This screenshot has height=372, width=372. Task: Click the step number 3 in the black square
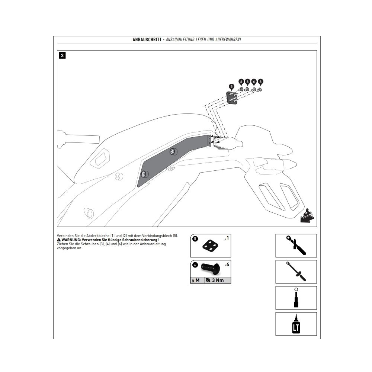click(62, 55)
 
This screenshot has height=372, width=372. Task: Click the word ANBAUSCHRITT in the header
click(147, 40)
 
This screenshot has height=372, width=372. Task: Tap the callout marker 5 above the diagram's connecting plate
click(231, 87)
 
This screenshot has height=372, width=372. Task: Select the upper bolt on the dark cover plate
click(173, 151)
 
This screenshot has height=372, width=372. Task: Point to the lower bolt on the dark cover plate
click(143, 174)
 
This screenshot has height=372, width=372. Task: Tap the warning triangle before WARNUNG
click(59, 240)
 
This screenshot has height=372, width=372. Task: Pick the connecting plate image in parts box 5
click(210, 246)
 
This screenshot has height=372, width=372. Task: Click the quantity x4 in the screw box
click(227, 264)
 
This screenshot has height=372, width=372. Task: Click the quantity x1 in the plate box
click(227, 238)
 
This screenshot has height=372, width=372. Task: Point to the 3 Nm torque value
click(218, 280)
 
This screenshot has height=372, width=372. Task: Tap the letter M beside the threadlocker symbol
click(198, 280)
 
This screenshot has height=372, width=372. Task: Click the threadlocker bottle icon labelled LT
click(296, 324)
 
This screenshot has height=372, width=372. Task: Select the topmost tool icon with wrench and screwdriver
click(296, 246)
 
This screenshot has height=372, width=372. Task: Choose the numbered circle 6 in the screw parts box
click(195, 265)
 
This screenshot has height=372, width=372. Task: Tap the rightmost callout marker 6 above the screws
click(260, 82)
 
